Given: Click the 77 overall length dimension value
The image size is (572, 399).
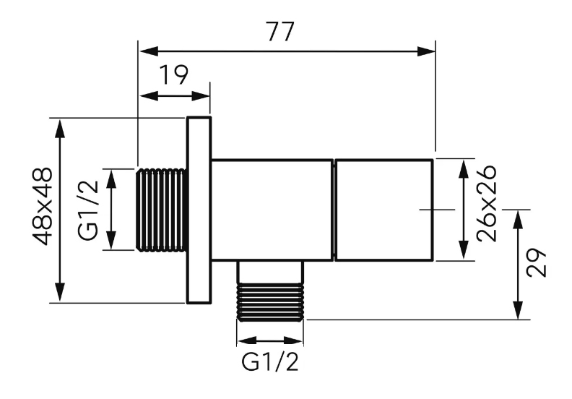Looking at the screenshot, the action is pyautogui.click(x=280, y=32).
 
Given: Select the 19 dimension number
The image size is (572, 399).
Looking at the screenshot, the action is pyautogui.click(x=174, y=76).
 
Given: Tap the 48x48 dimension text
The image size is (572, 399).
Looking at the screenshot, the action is pyautogui.click(x=43, y=207).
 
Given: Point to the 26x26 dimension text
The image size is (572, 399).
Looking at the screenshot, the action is pyautogui.click(x=487, y=203).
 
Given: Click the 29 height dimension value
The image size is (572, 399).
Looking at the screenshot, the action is pyautogui.click(x=537, y=263).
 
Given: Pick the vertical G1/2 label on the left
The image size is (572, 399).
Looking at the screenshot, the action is pyautogui.click(x=89, y=210).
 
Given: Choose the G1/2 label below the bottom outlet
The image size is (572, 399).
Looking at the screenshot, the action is pyautogui.click(x=270, y=362).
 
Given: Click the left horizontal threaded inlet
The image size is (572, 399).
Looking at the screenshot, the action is pyautogui.click(x=162, y=210).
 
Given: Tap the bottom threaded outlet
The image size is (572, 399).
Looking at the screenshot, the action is pyautogui.click(x=270, y=301).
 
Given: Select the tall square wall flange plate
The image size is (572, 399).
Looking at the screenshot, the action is pyautogui.click(x=199, y=210).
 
